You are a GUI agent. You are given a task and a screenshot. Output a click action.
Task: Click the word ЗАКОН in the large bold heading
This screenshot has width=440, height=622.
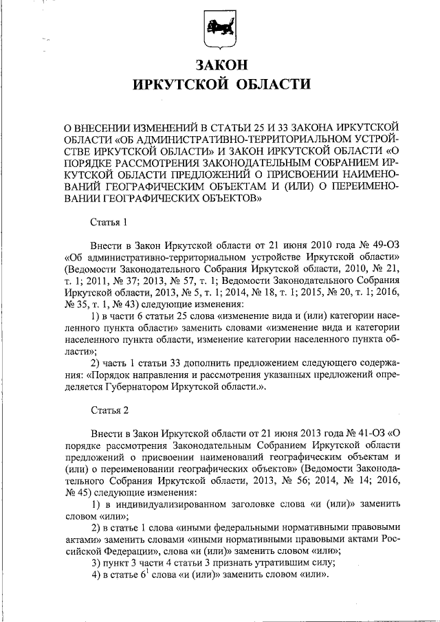pos(220,65)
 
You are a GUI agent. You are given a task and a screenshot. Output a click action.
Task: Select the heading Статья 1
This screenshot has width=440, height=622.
pos(109,222)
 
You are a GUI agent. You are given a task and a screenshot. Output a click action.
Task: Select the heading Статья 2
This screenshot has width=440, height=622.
pos(109,411)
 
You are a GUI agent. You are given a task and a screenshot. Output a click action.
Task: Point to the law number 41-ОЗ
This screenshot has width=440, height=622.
pos(366,435)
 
